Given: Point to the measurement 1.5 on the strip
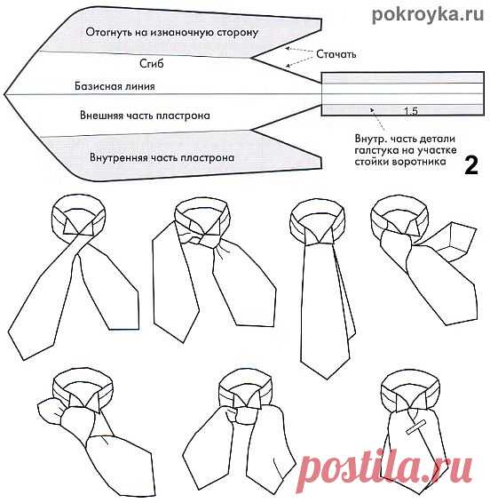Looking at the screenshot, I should [x=410, y=110].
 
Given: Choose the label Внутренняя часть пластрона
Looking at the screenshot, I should [x=162, y=157].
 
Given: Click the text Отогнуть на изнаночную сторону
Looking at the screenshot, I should [x=171, y=33].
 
